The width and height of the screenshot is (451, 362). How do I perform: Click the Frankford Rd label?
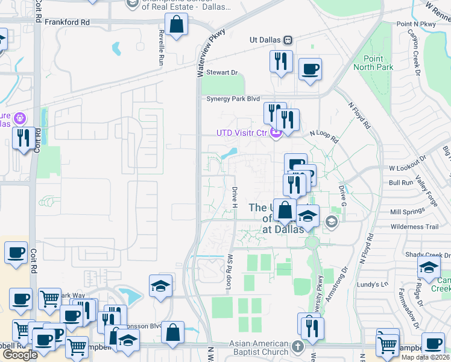[67, 21]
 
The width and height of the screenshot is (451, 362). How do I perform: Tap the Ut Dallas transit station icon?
[288, 40]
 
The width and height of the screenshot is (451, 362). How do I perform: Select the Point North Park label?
[379, 63]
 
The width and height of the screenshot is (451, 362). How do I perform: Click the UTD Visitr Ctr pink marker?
[276, 133]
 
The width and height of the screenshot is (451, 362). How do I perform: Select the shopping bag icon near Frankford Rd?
[176, 25]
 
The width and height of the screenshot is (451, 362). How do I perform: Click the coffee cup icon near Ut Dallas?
[310, 68]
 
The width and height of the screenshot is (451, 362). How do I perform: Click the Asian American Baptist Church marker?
[297, 346]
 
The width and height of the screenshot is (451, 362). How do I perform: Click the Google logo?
[20, 354]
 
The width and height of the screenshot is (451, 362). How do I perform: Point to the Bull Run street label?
[400, 182]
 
